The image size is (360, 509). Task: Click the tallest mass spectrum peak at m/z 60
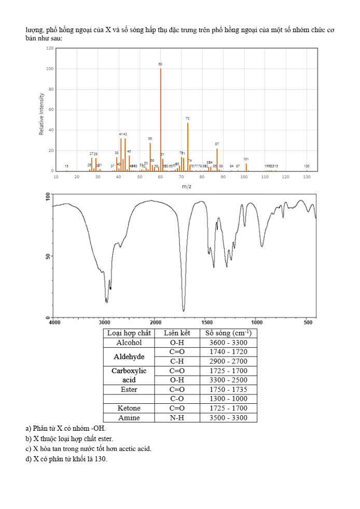(160, 119)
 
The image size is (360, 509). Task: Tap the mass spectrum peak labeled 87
(217, 159)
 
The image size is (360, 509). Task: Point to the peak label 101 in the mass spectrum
(246, 159)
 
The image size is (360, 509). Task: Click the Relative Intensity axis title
(41, 114)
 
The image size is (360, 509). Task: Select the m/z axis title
(187, 186)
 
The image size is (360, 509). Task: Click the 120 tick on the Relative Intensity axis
(50, 48)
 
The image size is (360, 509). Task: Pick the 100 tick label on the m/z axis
(244, 177)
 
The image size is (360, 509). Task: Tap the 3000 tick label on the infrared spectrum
(104, 323)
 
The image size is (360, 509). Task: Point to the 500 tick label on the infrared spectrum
(308, 323)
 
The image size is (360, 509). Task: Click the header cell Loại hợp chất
(129, 333)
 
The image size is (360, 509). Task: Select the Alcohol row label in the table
(129, 343)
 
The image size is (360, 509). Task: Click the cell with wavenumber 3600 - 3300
(228, 343)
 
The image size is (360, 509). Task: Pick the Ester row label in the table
(129, 389)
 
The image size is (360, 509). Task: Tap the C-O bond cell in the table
(177, 399)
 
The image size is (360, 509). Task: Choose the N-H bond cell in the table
(177, 418)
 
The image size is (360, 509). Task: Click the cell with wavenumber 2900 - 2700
(228, 361)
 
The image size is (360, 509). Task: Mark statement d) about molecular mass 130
(66, 458)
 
